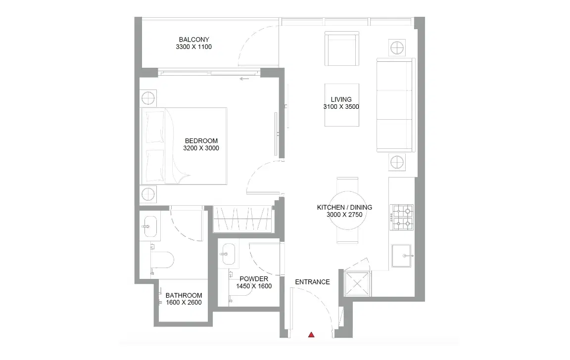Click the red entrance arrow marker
[x=311, y=335]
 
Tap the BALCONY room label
[x=194, y=40]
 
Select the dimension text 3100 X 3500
[x=341, y=107]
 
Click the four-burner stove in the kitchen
[x=402, y=217]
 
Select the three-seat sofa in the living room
[x=395, y=105]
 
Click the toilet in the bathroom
[x=162, y=260]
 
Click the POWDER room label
[x=254, y=279]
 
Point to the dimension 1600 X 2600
[x=184, y=303]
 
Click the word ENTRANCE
[x=312, y=282]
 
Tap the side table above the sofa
[x=397, y=47]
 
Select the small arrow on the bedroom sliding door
[x=243, y=79]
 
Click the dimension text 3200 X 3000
[x=201, y=148]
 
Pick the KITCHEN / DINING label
[x=344, y=208]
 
